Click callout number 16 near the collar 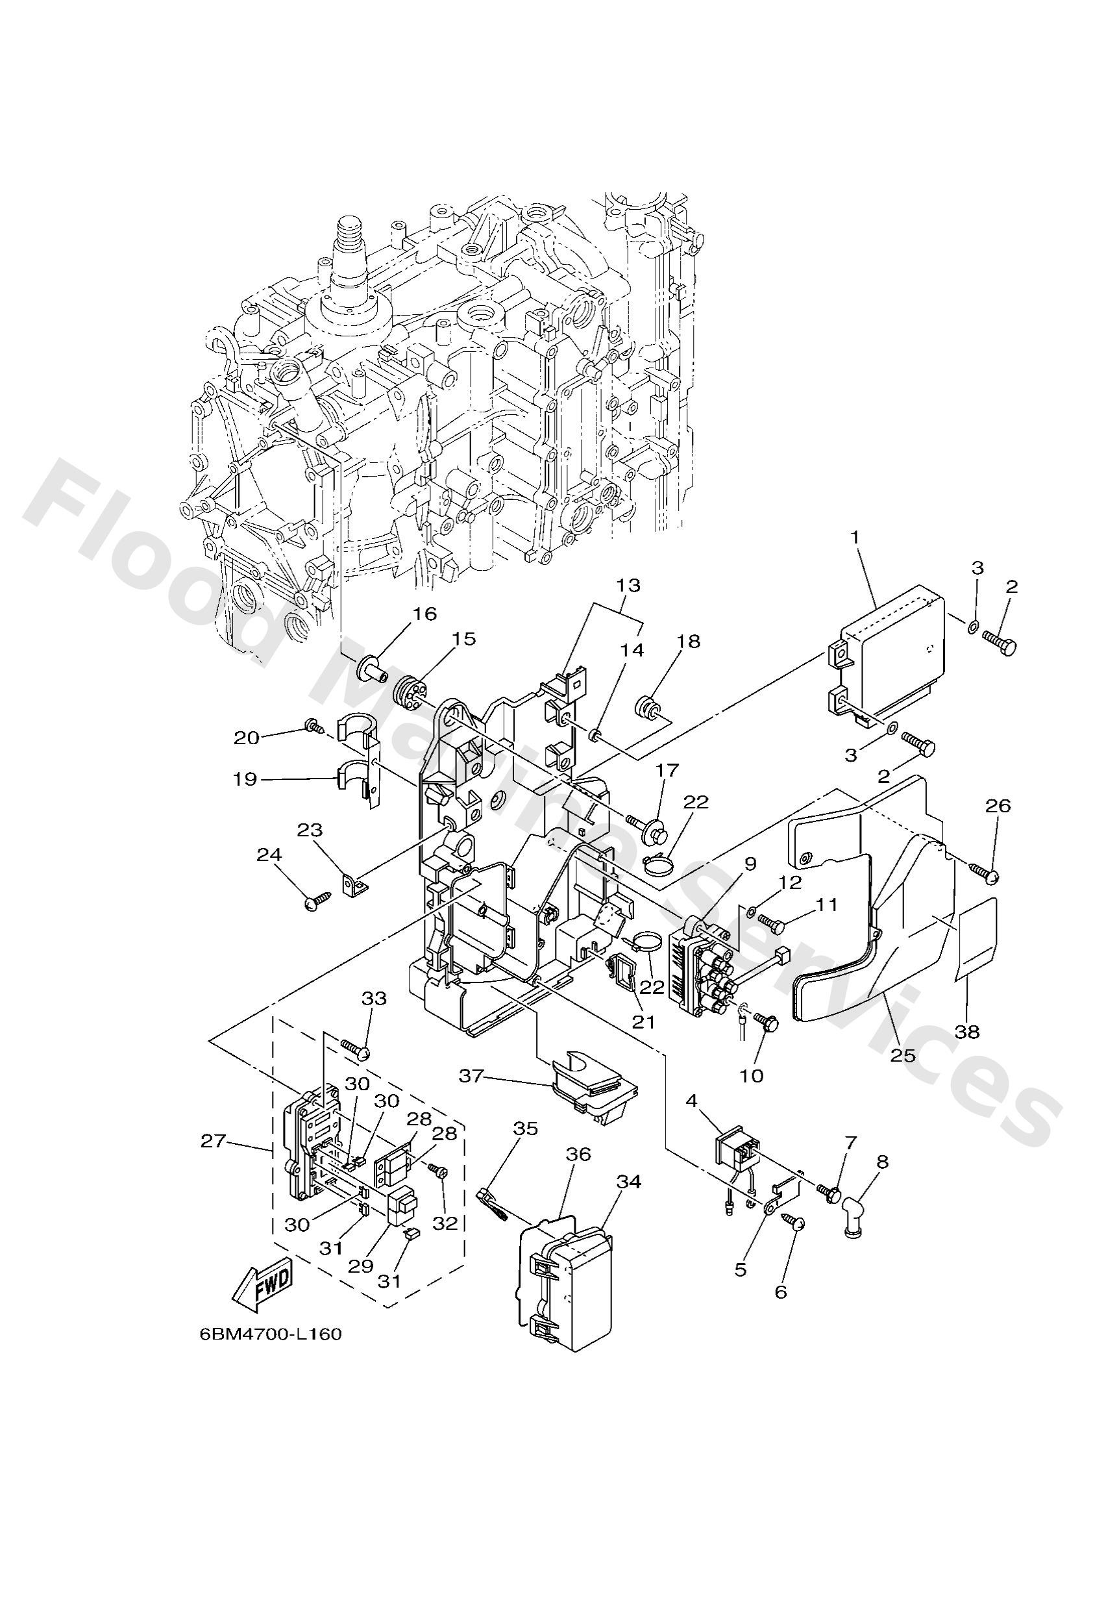coord(425,613)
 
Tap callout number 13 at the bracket coord(629,586)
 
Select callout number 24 coord(269,855)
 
